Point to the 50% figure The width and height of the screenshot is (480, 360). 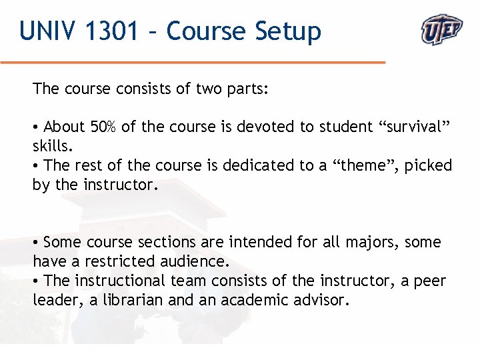[x=103, y=127]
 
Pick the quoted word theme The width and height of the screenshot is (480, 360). [x=356, y=165]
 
